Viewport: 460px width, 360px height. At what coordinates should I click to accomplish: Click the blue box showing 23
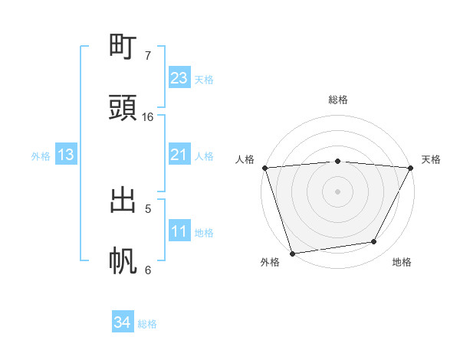[179, 78]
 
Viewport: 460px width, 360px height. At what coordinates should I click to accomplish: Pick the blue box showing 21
[179, 155]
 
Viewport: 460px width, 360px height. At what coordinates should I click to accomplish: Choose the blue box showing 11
[179, 232]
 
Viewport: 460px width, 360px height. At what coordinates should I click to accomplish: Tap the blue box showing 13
[66, 155]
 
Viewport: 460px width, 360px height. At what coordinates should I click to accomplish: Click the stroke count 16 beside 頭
[148, 117]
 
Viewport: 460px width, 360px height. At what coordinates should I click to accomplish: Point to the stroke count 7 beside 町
[148, 56]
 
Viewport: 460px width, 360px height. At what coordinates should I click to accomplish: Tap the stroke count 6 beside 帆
[148, 270]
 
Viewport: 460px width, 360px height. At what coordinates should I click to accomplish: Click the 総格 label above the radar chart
[338, 100]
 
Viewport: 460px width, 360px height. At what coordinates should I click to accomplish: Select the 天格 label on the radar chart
[432, 159]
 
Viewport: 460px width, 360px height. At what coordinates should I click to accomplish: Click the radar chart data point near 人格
[265, 168]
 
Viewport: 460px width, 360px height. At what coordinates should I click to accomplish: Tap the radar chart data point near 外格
[292, 253]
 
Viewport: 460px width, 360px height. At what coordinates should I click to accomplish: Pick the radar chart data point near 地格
[374, 242]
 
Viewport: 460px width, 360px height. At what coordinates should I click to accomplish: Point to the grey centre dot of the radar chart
[338, 191]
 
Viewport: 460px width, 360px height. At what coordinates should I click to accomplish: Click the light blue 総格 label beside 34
[147, 324]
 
